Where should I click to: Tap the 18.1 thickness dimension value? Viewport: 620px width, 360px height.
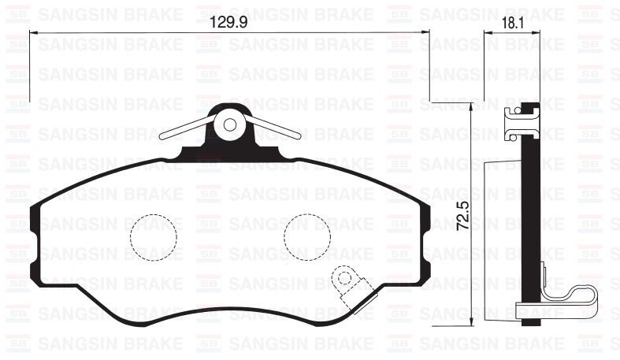[x=512, y=24]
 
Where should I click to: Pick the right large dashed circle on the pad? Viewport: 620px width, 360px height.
[x=306, y=237]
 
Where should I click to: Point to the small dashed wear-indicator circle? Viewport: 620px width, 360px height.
[x=343, y=277]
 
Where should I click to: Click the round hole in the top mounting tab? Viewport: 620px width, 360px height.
[x=231, y=124]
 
